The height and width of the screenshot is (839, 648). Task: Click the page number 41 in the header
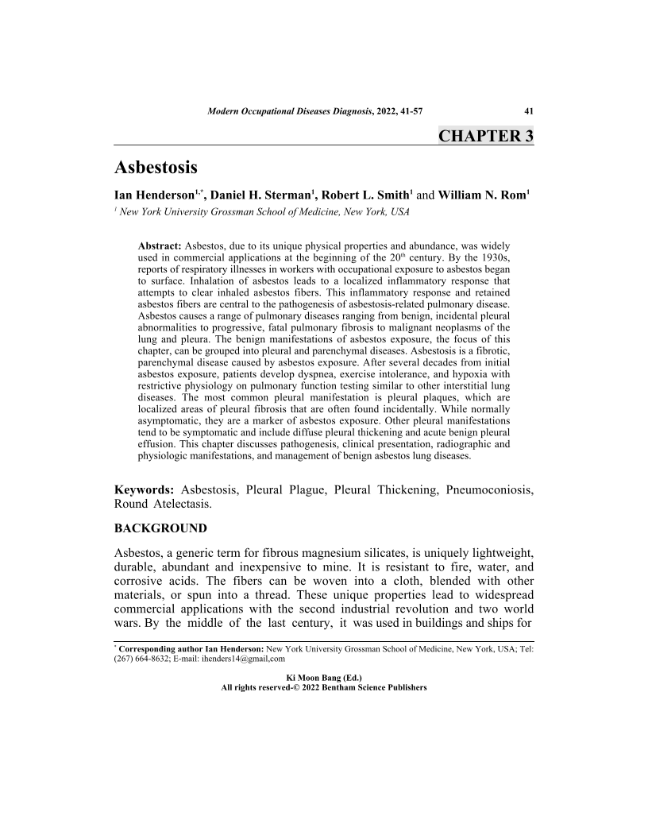point(528,110)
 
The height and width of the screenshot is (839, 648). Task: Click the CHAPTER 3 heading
point(485,136)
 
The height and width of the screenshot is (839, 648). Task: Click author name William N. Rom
point(480,195)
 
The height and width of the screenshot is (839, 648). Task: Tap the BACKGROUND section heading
point(161,528)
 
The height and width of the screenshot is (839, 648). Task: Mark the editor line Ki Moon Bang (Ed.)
point(323,678)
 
